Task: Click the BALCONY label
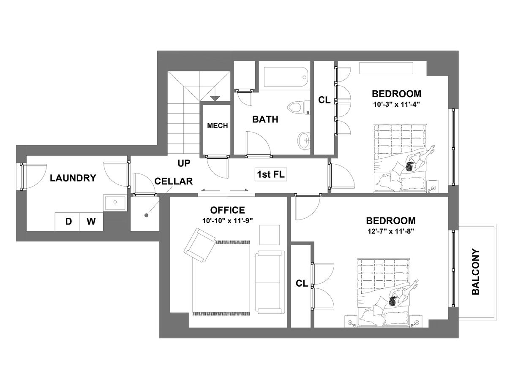pos(476,271)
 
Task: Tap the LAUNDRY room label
pos(73,178)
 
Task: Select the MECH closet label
pos(217,126)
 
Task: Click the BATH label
pos(265,119)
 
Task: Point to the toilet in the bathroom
pos(298,107)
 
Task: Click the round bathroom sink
pos(304,140)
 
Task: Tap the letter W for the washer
pos(91,222)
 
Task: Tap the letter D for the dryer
pos(68,222)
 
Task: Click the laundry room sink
pos(115,202)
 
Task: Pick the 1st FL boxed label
pos(271,174)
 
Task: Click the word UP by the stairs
pos(184,163)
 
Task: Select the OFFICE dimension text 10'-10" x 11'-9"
pos(228,221)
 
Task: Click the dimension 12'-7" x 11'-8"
pos(391,231)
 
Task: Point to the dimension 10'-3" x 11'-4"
pos(396,104)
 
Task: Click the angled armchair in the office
pos(199,245)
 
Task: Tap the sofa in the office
pos(270,282)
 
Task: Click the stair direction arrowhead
pos(215,98)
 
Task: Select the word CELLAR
pos(174,182)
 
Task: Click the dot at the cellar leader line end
pos(146,215)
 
